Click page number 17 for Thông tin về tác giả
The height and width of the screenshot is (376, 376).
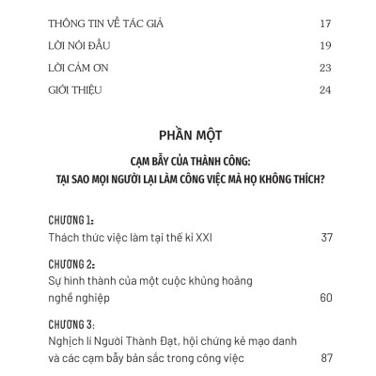325,21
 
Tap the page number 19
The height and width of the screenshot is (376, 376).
325,44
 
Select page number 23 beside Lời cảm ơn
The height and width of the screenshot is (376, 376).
325,68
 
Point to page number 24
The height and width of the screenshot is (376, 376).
325,91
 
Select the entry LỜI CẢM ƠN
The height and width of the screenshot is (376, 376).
77,68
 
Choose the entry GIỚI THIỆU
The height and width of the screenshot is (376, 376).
73,91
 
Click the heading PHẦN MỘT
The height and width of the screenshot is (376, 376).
188,135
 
